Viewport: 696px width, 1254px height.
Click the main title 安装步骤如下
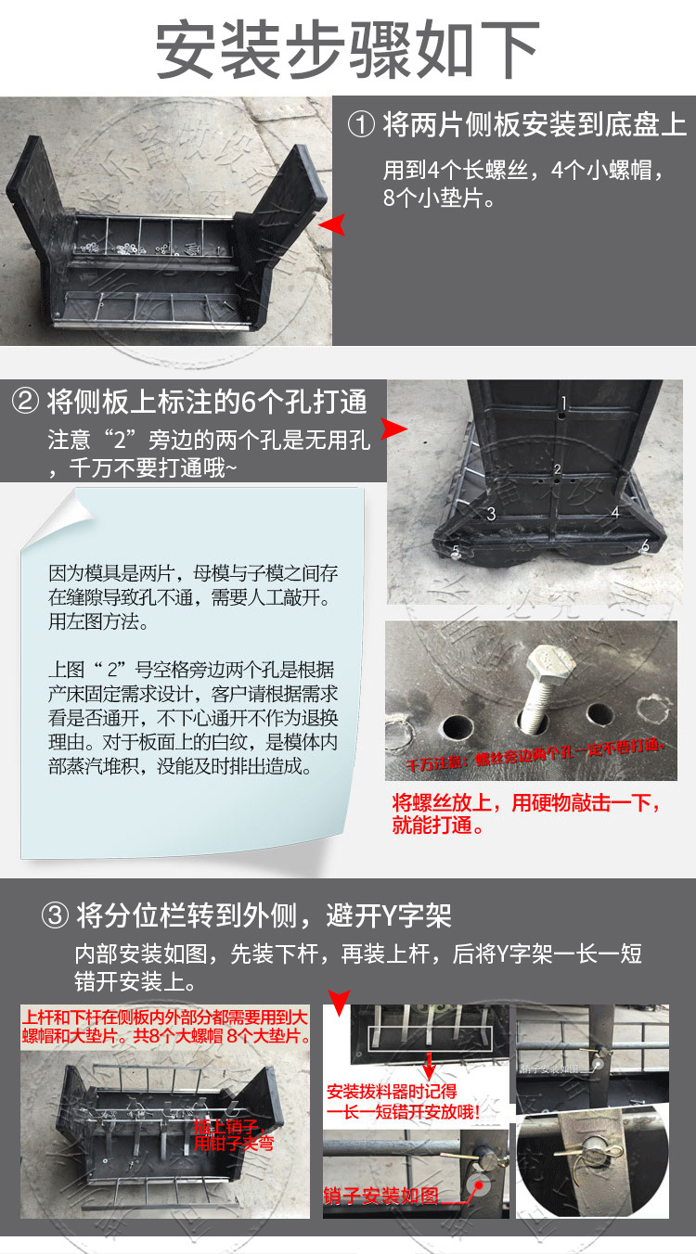(347, 47)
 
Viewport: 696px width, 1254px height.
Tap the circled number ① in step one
(361, 124)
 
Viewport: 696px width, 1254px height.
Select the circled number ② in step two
(26, 402)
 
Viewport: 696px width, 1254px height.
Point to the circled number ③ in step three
(56, 916)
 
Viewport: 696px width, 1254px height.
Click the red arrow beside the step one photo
(331, 224)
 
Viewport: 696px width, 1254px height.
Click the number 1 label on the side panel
(562, 403)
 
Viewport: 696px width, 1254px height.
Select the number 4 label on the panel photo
(614, 512)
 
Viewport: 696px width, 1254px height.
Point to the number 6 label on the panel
(645, 545)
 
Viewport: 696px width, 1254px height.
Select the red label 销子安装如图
(380, 1194)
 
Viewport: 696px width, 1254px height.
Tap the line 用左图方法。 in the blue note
(97, 621)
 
